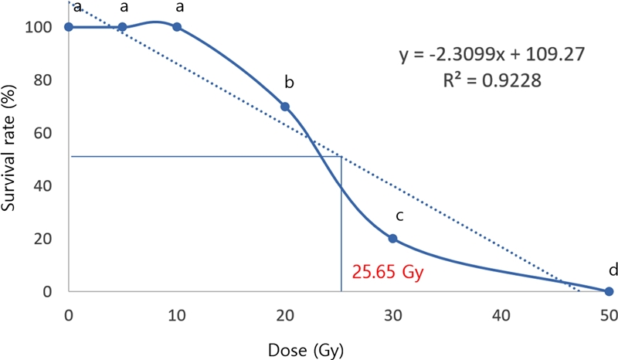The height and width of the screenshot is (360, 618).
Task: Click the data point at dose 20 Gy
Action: click(x=285, y=107)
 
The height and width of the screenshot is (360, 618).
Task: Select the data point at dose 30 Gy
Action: click(x=392, y=239)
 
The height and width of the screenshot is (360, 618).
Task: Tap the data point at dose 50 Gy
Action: click(x=609, y=291)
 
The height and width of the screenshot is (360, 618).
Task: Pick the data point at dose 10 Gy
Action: click(x=177, y=27)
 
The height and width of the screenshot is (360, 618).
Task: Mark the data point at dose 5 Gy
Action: click(x=123, y=27)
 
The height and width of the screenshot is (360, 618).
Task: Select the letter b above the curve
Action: click(x=289, y=81)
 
